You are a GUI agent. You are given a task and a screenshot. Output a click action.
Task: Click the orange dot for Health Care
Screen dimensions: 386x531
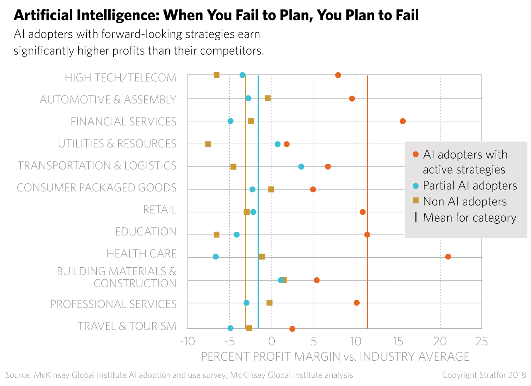click(x=448, y=257)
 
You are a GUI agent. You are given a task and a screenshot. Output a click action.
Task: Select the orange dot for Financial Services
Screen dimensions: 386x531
click(x=402, y=121)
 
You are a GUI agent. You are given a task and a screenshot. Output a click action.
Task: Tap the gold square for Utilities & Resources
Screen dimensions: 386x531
click(x=208, y=144)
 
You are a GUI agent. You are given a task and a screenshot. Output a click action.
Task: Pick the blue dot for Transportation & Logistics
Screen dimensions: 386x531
click(x=301, y=166)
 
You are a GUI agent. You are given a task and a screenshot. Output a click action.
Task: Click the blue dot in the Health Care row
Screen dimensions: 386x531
click(x=216, y=257)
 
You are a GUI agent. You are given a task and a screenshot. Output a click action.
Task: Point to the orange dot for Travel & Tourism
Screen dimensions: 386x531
click(x=292, y=329)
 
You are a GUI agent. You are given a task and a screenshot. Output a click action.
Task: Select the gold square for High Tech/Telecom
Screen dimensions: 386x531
click(x=217, y=75)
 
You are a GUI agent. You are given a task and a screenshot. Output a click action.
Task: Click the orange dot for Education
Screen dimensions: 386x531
click(x=367, y=235)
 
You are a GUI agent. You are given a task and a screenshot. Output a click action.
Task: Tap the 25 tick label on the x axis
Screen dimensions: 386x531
click(x=481, y=342)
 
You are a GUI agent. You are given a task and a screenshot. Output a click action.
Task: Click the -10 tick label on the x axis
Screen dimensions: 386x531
click(x=187, y=342)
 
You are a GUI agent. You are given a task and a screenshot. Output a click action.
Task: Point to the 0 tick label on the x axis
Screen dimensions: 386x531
click(x=272, y=342)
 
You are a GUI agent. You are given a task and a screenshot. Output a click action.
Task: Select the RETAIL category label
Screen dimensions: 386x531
click(x=160, y=210)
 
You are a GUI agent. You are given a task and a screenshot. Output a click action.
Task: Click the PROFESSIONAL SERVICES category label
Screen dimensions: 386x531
click(x=113, y=304)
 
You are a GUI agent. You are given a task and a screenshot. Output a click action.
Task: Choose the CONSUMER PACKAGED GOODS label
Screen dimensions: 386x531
click(x=96, y=188)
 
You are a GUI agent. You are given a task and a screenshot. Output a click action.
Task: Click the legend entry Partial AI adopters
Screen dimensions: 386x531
click(x=470, y=185)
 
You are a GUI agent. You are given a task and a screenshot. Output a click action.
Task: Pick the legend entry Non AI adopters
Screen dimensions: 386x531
click(x=465, y=201)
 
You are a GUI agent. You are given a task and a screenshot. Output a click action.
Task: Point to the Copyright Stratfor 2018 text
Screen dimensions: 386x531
click(x=484, y=375)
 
